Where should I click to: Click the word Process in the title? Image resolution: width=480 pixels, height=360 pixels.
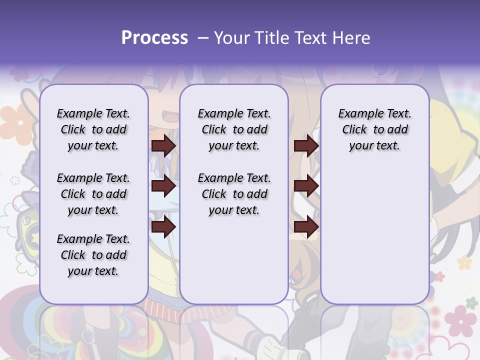click(x=154, y=38)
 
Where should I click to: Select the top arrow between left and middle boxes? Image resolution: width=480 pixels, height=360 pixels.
click(x=163, y=145)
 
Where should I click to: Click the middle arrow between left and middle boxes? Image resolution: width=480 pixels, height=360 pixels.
click(x=163, y=186)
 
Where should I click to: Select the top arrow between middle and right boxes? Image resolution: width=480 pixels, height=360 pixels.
click(x=306, y=145)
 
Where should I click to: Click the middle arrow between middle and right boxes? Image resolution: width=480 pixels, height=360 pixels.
click(x=306, y=186)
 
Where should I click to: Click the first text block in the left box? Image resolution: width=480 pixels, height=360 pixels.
click(x=93, y=129)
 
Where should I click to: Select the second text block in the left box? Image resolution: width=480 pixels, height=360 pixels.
click(x=93, y=194)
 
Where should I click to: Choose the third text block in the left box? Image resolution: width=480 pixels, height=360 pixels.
click(x=93, y=255)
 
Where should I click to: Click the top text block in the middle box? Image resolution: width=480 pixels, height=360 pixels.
click(x=234, y=129)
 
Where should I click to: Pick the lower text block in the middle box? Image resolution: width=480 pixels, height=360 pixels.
click(x=234, y=194)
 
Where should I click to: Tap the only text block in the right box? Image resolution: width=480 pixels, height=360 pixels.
click(x=374, y=129)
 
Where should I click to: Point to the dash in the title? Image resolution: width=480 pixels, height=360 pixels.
click(x=203, y=38)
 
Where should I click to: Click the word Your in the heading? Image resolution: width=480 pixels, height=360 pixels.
click(x=233, y=38)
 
